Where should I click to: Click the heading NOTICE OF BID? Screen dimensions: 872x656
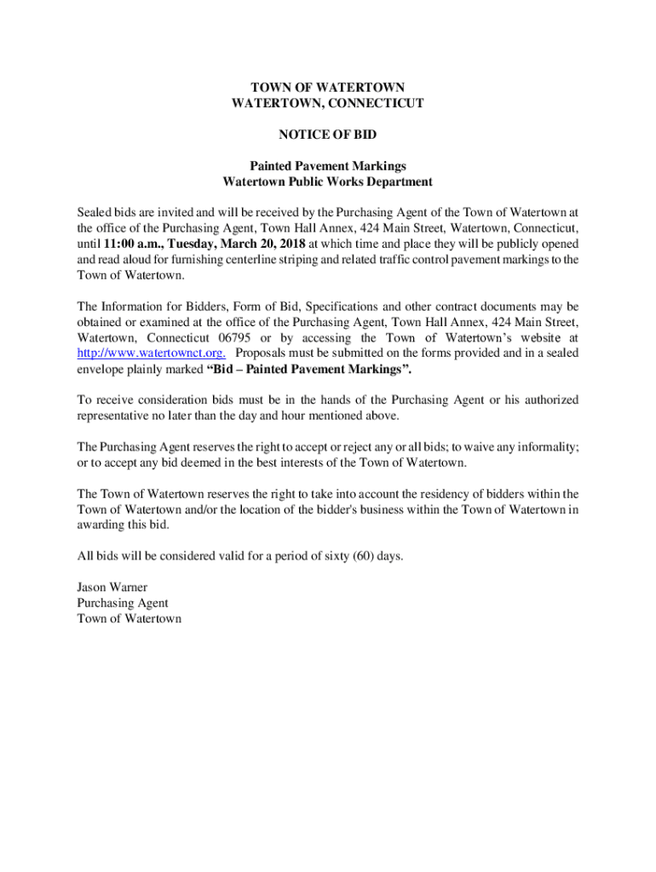(x=328, y=135)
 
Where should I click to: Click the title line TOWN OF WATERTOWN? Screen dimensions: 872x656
(x=328, y=88)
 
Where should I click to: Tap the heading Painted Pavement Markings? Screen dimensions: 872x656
(x=328, y=166)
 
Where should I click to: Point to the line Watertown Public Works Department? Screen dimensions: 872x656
(x=328, y=181)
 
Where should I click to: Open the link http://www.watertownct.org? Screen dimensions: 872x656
(x=151, y=353)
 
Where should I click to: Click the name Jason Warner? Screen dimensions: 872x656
(x=112, y=588)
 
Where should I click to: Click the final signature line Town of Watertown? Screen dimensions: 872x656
(x=129, y=619)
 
